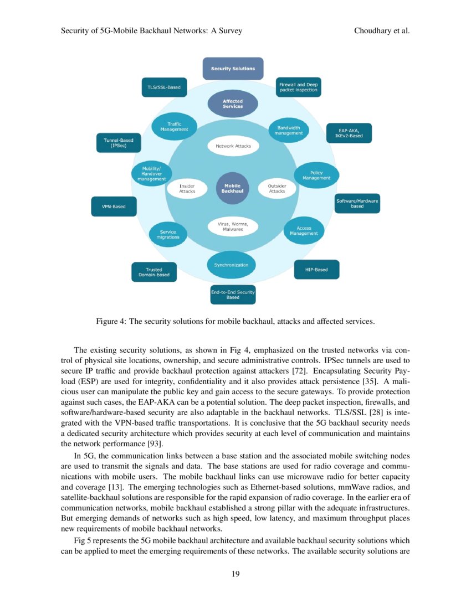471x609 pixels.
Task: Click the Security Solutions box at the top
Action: click(233, 69)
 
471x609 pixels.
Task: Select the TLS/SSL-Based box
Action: click(163, 87)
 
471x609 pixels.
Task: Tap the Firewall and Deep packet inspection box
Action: click(298, 87)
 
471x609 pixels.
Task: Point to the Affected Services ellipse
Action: click(233, 104)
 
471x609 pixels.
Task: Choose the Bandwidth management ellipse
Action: click(288, 130)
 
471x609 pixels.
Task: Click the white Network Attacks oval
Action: click(233, 147)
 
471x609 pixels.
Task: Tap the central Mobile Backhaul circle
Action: click(233, 188)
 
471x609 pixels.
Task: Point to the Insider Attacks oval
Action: click(187, 189)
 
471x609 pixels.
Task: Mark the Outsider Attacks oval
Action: click(277, 189)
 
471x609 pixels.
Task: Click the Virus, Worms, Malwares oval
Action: click(233, 226)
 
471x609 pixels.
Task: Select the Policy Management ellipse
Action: click(316, 175)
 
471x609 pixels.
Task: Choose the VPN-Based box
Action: click(114, 207)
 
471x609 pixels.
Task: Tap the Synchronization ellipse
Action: click(231, 265)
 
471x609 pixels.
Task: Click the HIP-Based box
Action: click(316, 270)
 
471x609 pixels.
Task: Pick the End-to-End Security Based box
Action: click(233, 295)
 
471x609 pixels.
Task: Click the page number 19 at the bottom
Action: click(235, 574)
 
